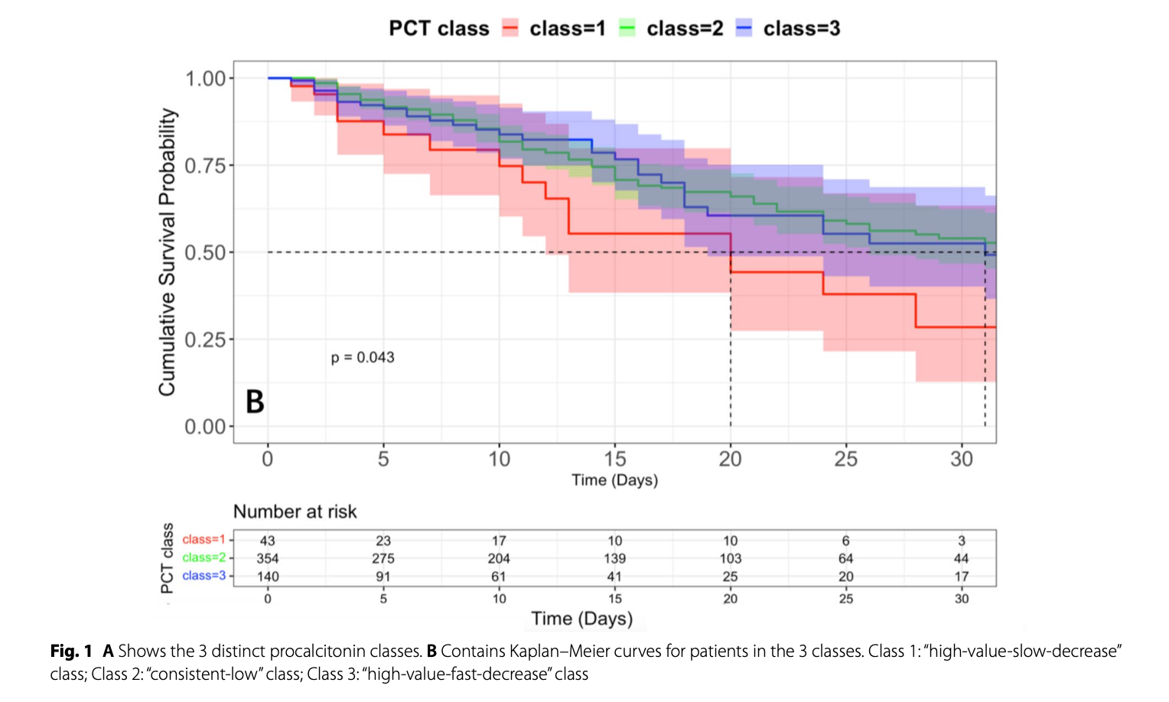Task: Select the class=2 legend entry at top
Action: coord(671,28)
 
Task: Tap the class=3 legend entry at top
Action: coord(788,28)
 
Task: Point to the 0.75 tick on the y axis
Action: coord(204,166)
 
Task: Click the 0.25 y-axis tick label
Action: coord(204,340)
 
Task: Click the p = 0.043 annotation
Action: coord(363,357)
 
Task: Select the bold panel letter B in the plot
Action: coord(255,401)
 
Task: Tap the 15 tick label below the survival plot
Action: coord(614,459)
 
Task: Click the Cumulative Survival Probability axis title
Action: coord(167,252)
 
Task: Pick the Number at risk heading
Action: coord(295,512)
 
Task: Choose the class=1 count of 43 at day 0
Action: coord(267,541)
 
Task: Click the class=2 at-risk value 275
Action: coord(383,559)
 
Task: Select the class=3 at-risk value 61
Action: coord(499,577)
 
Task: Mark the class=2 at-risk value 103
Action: coord(730,559)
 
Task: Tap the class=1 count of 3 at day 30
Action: coord(962,541)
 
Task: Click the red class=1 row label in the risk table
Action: coord(204,540)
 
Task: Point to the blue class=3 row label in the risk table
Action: coord(204,576)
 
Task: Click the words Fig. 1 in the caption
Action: coord(71,652)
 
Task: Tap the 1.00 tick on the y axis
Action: coord(204,79)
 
